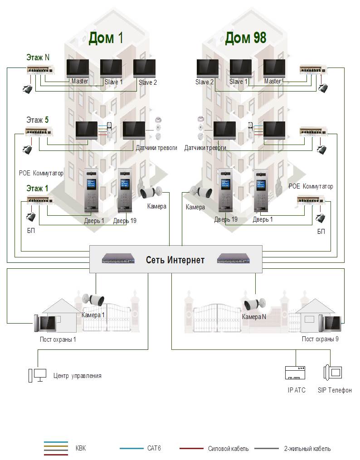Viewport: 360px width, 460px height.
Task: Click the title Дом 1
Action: (106, 38)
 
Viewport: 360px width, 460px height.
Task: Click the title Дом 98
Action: (246, 38)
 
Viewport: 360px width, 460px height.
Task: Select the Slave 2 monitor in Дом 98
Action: (208, 69)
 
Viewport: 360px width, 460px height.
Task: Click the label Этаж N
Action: (38, 58)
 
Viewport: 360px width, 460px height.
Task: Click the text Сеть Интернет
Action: (175, 260)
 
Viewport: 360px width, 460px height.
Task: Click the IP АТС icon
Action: (296, 373)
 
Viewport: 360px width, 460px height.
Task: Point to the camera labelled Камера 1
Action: (93, 300)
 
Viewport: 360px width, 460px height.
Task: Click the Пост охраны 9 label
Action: (320, 339)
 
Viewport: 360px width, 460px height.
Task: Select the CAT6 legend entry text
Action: (154, 448)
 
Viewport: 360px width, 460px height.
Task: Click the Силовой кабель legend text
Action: (228, 449)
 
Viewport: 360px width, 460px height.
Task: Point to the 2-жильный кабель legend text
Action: (307, 449)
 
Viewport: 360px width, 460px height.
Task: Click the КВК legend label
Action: (80, 448)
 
